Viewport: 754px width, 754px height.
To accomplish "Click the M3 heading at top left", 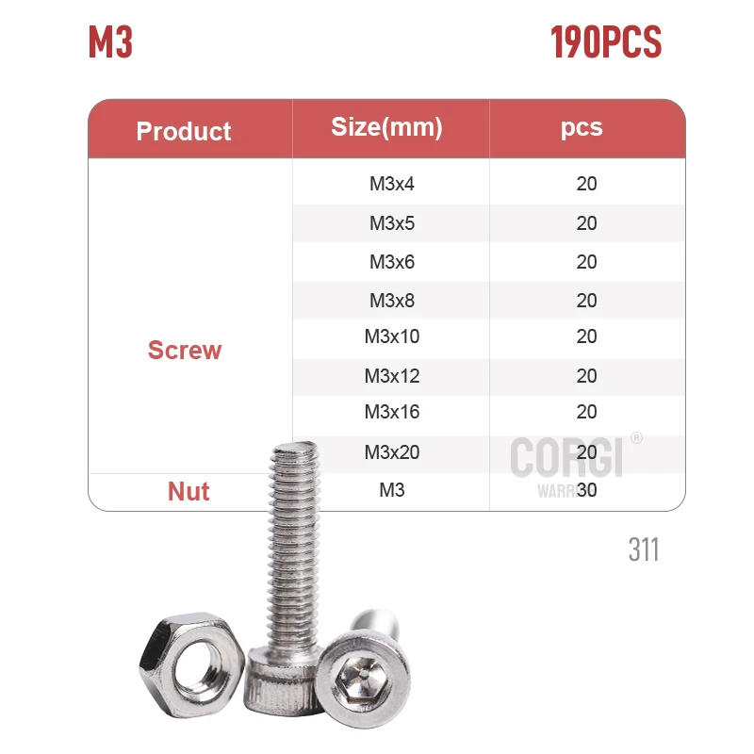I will (110, 42).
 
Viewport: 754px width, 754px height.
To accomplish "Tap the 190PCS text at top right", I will (606, 42).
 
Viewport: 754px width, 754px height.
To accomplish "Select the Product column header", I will (184, 131).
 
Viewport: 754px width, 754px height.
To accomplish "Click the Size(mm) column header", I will (387, 127).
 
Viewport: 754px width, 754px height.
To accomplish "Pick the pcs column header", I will (582, 127).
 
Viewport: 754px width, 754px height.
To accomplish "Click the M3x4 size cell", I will (392, 184).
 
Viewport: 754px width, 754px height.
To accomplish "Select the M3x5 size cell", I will (392, 223).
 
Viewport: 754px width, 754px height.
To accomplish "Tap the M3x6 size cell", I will (392, 262).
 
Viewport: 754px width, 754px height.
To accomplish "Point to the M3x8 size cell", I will (392, 301).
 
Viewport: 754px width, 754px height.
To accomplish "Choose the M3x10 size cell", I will (392, 337).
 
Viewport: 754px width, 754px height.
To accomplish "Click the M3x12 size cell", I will (392, 376).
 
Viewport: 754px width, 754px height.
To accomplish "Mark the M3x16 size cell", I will (392, 412).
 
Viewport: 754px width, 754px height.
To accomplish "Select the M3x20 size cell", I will (392, 452).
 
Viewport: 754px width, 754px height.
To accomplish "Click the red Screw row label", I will (185, 351).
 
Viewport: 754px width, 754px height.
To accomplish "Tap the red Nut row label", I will (188, 491).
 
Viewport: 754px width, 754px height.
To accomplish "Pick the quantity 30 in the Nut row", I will (587, 490).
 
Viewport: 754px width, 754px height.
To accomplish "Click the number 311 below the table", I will (644, 549).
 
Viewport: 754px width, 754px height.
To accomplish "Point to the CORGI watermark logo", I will (567, 457).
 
